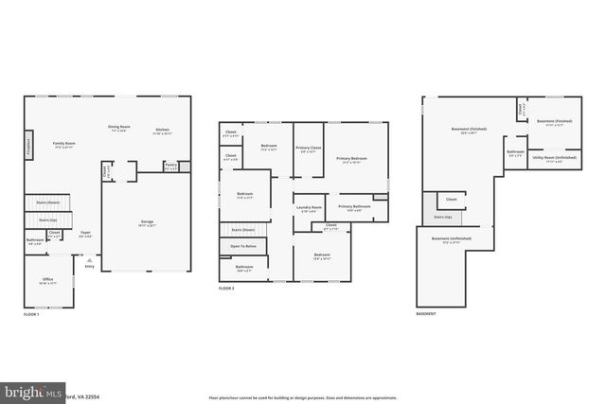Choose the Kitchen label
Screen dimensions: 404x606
pos(163,130)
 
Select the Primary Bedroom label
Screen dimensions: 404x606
pos(351,159)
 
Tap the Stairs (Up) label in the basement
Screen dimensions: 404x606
pos(442,217)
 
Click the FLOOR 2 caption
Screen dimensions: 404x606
pos(227,288)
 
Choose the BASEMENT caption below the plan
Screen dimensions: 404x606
pos(427,313)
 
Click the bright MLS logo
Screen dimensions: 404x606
pos(33,391)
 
